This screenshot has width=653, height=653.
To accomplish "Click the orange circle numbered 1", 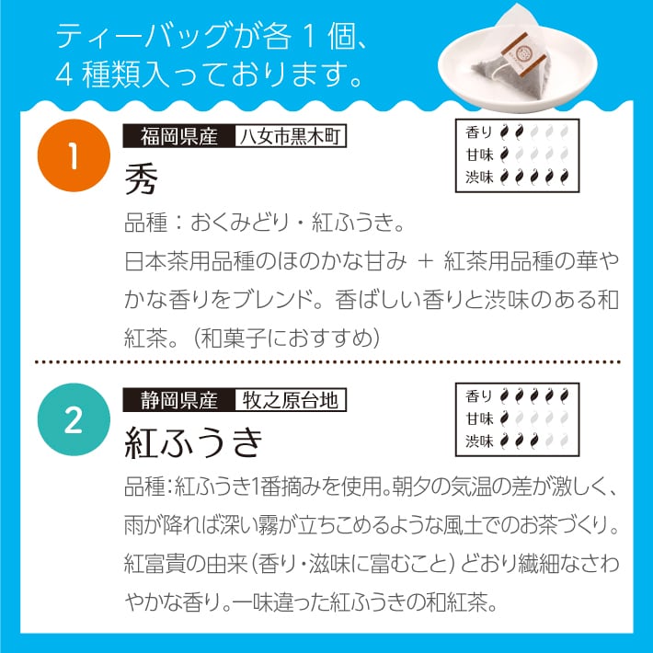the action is (74, 155).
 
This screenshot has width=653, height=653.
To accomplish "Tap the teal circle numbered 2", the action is (74, 419).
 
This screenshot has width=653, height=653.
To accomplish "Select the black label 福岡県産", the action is (179, 136).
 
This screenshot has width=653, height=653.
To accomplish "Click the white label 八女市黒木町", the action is (291, 136).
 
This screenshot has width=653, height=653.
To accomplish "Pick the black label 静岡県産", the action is (179, 400).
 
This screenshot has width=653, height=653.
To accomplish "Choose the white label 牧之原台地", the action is (291, 400).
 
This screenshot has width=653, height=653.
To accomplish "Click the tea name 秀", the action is (142, 178).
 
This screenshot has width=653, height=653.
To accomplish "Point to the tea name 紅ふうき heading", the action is (194, 442).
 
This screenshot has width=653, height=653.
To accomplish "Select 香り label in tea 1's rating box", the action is (479, 132).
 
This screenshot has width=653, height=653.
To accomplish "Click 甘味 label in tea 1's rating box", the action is (479, 155).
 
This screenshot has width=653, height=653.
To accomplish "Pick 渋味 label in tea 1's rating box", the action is (479, 177).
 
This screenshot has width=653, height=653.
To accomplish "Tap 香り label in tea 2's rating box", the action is (479, 396).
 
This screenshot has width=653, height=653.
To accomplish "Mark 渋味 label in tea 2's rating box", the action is (479, 441).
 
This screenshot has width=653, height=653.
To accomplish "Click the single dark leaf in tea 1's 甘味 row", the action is (504, 155).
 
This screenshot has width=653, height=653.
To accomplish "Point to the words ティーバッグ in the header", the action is (143, 37).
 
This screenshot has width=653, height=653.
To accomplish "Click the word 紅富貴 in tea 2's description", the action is (155, 564).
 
